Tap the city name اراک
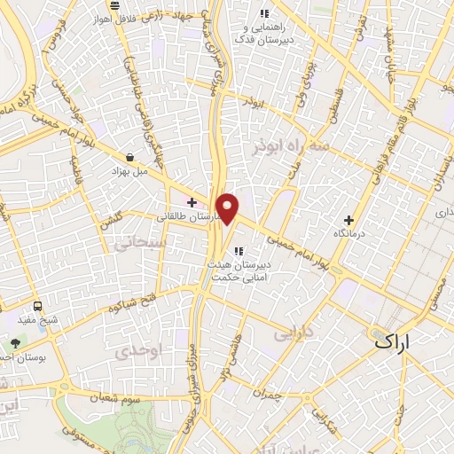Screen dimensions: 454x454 pos(394,340)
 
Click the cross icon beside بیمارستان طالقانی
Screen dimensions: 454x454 pos(191,202)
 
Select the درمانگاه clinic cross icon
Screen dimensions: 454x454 pos(348,220)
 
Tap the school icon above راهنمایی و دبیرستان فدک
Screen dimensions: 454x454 pos(262,13)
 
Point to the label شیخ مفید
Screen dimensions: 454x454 pos(39,317)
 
